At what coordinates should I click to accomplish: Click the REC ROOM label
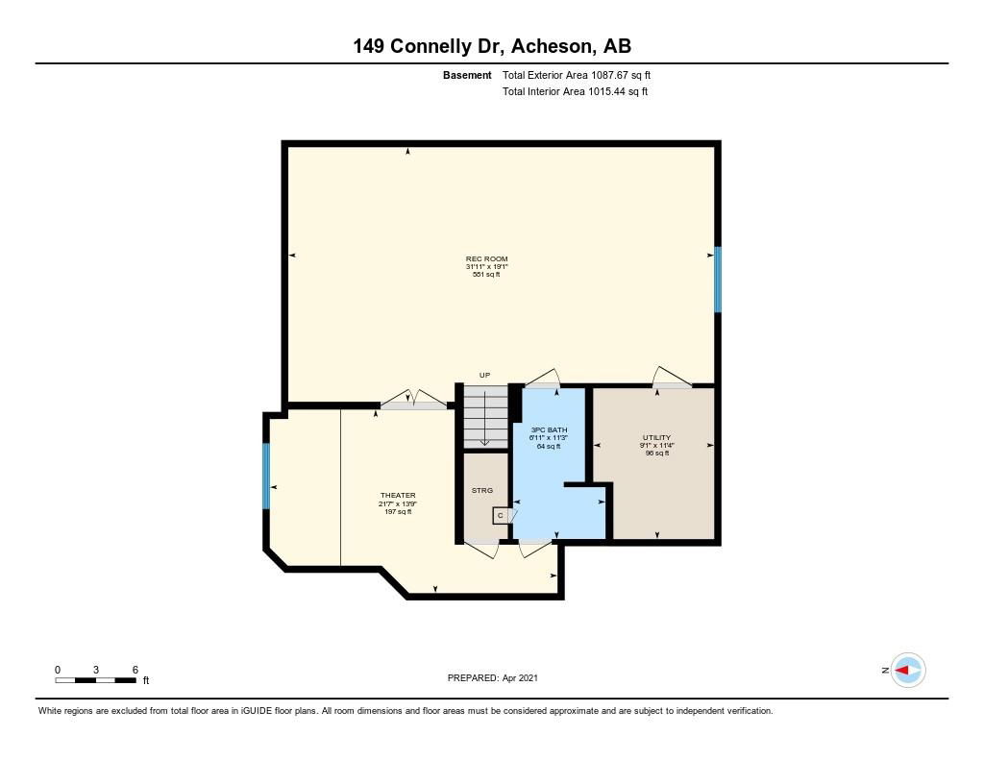click(x=486, y=258)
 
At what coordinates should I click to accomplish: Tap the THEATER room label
click(x=398, y=495)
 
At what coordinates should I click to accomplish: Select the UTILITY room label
click(x=656, y=437)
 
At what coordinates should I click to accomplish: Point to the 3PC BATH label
click(x=549, y=429)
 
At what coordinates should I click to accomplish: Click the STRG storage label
click(x=482, y=490)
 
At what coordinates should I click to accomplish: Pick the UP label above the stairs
click(x=484, y=376)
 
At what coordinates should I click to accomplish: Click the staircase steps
click(x=485, y=417)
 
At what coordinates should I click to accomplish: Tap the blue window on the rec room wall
click(x=718, y=280)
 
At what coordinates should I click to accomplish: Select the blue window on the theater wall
click(x=266, y=477)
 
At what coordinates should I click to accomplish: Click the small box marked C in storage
click(x=501, y=515)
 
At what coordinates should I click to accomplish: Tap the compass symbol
click(x=908, y=671)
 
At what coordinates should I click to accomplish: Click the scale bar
click(x=95, y=680)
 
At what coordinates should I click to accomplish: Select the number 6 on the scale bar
click(x=135, y=670)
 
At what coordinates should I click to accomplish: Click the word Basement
click(x=467, y=75)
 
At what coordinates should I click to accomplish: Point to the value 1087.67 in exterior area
click(x=609, y=75)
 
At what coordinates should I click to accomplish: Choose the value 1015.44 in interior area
click(x=607, y=91)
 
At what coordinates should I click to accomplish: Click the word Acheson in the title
click(x=552, y=46)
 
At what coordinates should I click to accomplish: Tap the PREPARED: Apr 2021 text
click(x=493, y=677)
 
